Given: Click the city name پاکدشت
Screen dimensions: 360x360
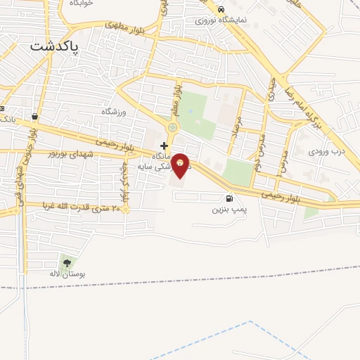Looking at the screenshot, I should point(54,46).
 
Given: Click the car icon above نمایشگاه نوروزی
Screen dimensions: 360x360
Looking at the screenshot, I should point(221,10).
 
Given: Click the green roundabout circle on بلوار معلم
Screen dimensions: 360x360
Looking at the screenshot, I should point(173,128).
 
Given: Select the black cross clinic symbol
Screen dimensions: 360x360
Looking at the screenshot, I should point(164,146).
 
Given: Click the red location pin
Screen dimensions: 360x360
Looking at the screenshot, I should point(180,165).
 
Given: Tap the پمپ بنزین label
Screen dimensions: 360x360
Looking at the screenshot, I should point(229,210).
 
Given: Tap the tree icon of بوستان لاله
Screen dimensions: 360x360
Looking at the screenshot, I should point(67,263).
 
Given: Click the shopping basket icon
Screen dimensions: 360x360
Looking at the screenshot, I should point(34,116).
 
